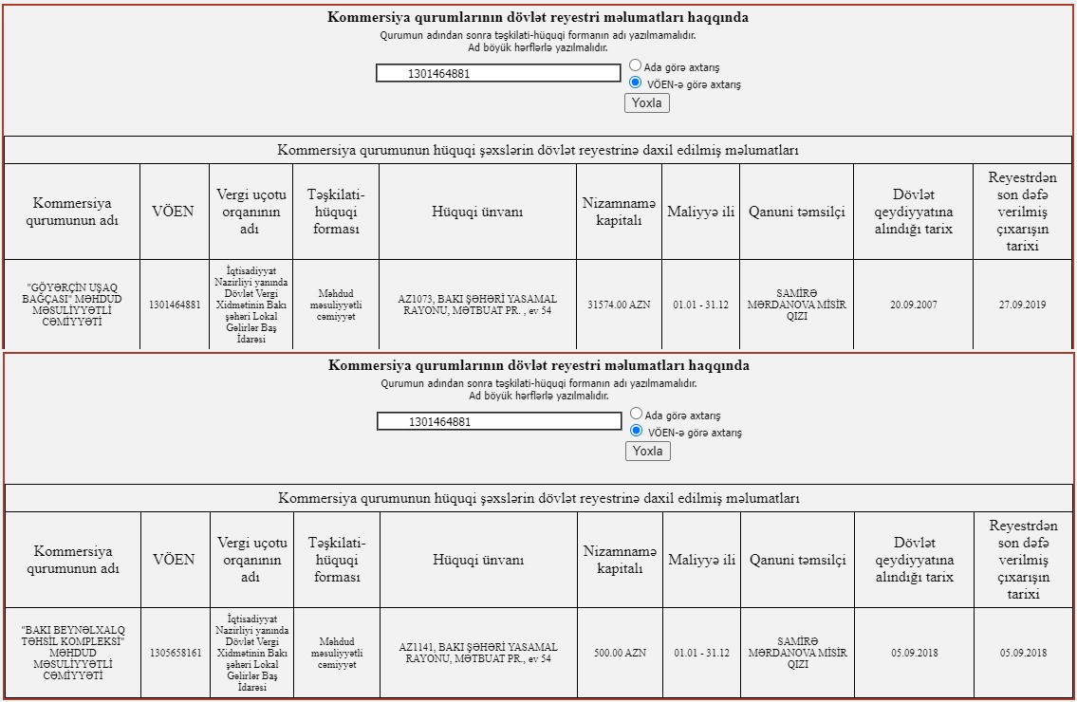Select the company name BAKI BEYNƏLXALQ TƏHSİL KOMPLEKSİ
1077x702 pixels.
tap(72, 653)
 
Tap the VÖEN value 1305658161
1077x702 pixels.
tap(176, 653)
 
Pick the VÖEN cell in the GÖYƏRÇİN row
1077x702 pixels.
tap(175, 305)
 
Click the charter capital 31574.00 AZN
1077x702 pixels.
tap(619, 305)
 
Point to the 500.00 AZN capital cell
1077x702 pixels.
tap(620, 653)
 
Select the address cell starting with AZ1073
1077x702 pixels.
tap(477, 305)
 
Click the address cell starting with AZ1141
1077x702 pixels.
tap(478, 653)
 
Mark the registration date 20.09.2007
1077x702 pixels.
tap(913, 305)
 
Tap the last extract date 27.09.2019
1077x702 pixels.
tap(1022, 305)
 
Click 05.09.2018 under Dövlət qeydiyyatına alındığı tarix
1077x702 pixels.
tap(914, 653)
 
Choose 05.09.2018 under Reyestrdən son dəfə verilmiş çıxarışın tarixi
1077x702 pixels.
tap(1023, 653)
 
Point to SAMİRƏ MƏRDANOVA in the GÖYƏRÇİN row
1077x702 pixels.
tap(796, 305)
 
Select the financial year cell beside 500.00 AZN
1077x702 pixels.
tap(701, 653)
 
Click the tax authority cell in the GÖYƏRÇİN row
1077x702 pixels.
tap(251, 305)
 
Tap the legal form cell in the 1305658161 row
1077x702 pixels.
tap(337, 653)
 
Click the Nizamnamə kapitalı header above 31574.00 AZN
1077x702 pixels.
tap(619, 212)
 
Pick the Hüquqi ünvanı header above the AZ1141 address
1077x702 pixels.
tap(478, 560)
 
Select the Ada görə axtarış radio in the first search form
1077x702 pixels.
tap(636, 66)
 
